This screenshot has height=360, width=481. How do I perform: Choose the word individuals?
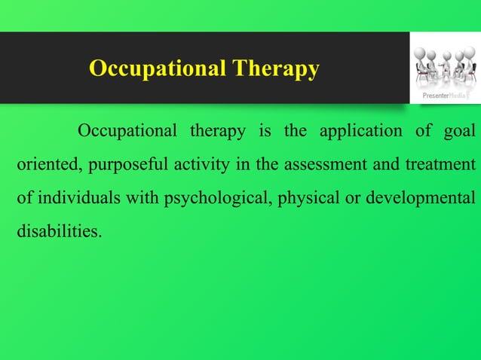pyautogui.click(x=74, y=197)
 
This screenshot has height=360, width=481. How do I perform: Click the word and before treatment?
pyautogui.click(x=383, y=163)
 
